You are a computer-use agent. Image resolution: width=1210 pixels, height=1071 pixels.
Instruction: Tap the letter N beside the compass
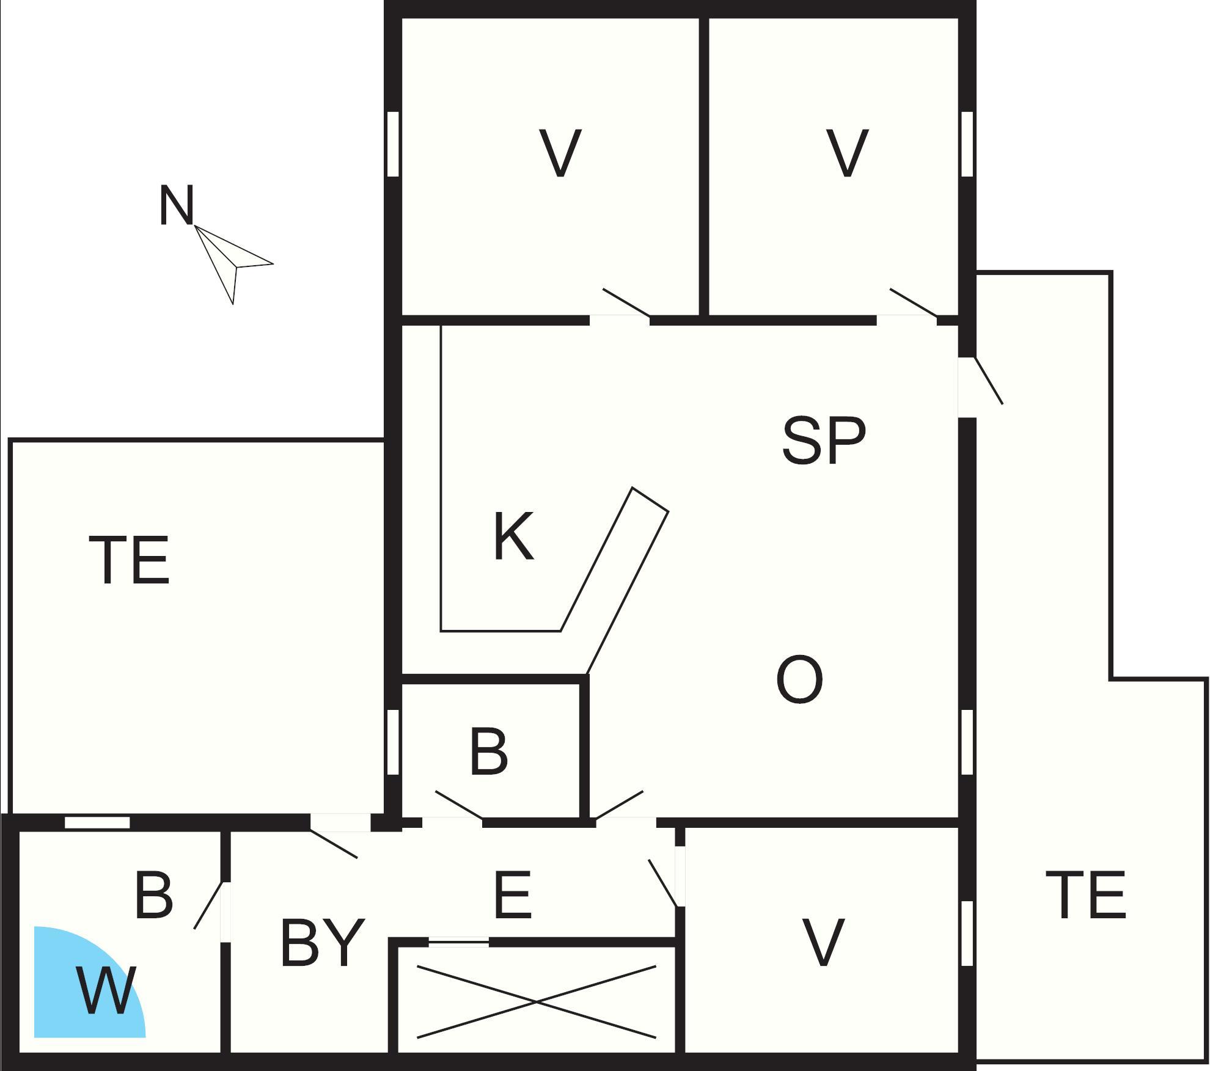point(176,206)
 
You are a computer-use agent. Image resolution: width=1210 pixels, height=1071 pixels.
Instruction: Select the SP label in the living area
point(824,440)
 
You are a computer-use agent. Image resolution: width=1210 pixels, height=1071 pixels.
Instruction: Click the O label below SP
point(799,679)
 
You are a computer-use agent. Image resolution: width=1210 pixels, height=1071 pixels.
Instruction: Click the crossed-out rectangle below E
point(536,1001)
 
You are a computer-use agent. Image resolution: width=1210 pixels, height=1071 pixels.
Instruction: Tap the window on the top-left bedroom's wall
point(394,144)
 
